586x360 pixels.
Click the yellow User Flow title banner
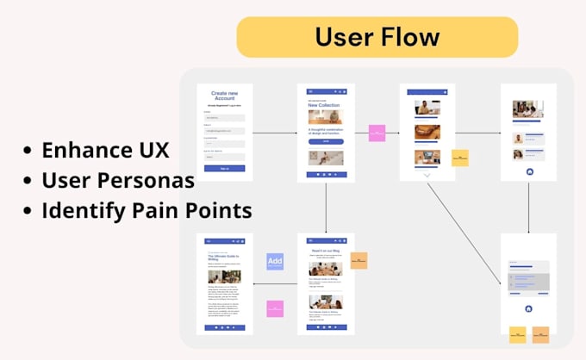point(377,37)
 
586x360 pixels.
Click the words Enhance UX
point(106,150)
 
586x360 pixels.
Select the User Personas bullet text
point(117,180)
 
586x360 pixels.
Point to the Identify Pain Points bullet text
point(146,210)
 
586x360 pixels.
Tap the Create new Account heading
point(224,95)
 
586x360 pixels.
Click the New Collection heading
point(324,105)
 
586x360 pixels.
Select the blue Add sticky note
point(275,262)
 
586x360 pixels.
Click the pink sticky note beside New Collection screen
point(377,133)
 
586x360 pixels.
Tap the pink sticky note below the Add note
point(275,308)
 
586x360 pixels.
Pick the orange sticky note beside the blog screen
point(358,260)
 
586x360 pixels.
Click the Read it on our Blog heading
point(326,251)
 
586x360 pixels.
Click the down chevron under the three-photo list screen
point(427,175)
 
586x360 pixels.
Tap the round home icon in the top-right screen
point(528,172)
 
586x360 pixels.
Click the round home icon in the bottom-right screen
point(528,308)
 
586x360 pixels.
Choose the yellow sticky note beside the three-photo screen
point(460,158)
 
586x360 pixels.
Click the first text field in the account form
point(224,117)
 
